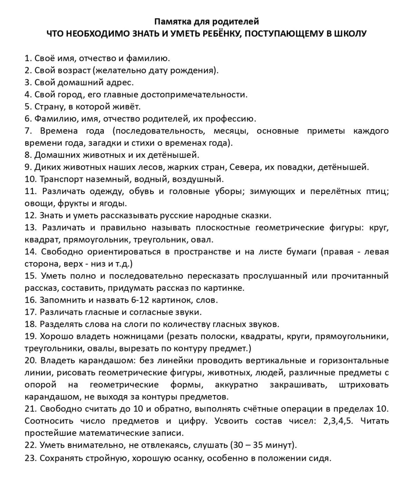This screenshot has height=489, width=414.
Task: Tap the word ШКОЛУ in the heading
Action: click(350, 34)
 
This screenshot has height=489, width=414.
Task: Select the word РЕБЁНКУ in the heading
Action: click(223, 34)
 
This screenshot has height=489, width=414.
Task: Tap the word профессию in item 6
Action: click(231, 119)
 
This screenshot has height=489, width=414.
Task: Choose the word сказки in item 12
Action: click(257, 215)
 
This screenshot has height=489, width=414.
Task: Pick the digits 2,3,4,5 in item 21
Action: click(339, 421)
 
